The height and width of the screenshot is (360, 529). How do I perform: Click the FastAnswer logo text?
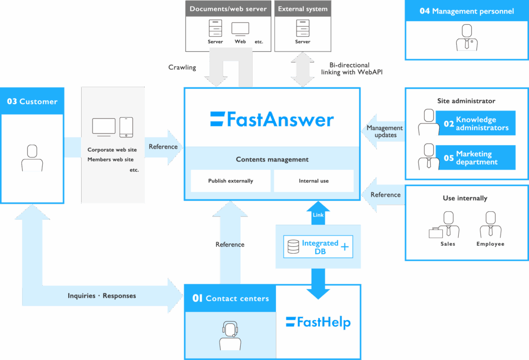tap(272, 119)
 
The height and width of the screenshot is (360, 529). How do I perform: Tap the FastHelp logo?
tap(318, 322)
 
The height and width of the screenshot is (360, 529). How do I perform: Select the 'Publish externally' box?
tap(230, 181)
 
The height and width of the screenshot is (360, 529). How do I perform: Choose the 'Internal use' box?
tap(314, 181)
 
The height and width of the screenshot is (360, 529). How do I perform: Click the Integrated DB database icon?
tap(293, 247)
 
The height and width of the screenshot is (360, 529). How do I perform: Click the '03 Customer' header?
tap(32, 101)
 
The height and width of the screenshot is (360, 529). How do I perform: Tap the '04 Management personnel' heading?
tap(466, 11)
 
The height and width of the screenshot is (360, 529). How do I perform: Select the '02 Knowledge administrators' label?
tap(476, 123)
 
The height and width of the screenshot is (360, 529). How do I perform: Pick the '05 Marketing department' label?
tap(476, 158)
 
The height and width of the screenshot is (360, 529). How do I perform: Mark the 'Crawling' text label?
tap(182, 67)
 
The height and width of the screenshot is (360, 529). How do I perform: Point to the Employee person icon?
tap(490, 225)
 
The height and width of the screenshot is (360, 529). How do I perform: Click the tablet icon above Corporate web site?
tap(126, 127)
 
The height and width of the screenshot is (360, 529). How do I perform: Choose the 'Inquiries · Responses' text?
tap(102, 296)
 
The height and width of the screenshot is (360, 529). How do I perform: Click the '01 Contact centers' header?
tap(230, 298)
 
